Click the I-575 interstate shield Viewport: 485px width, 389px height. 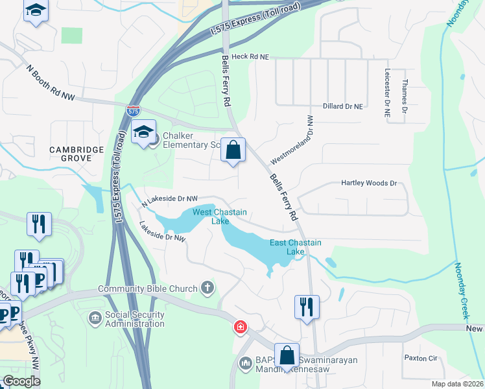133,111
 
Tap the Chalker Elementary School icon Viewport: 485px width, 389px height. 143,134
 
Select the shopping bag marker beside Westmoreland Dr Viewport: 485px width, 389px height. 233,150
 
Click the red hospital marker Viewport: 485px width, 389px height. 241,327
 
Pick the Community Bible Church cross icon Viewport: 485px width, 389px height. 207,288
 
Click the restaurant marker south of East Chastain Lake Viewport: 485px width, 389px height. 307,307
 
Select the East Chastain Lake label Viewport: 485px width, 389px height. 296,247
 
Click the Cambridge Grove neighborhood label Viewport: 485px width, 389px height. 77,154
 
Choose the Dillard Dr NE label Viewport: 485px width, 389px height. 342,106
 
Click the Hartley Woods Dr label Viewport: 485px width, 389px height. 368,183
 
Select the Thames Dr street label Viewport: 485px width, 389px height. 405,96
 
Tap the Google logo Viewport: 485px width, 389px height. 21,381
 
